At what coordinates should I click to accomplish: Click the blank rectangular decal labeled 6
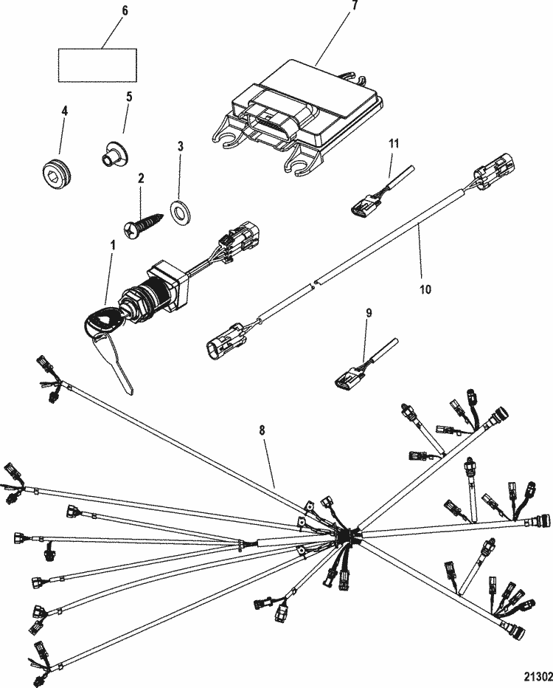[98, 65]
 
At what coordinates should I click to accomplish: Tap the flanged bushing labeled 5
[111, 154]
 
